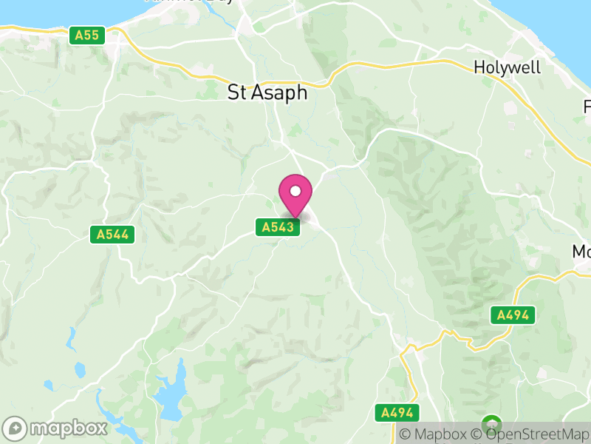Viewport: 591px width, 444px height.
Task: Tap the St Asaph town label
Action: point(267,93)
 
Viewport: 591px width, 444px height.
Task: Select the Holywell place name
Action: point(507,67)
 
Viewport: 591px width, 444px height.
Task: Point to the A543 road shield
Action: point(279,227)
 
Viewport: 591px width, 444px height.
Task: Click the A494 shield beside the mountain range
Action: point(513,315)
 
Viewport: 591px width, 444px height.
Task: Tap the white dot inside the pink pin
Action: point(295,192)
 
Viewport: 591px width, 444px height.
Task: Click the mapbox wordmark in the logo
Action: point(68,428)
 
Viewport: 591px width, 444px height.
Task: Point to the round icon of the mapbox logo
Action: point(15,428)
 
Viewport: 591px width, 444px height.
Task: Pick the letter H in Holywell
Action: point(479,67)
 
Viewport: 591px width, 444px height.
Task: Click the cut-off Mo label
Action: point(581,252)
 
